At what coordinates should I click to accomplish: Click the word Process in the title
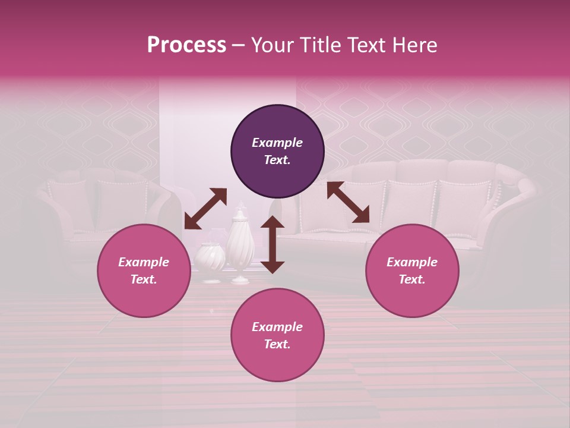186,45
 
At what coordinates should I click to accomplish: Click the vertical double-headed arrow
273,244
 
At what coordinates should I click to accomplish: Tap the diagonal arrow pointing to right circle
348,202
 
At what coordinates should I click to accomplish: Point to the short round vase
210,260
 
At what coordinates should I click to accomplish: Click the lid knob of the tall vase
240,207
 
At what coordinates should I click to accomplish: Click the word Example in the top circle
277,143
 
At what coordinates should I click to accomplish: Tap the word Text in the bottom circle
277,344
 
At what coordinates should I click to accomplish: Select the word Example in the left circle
144,262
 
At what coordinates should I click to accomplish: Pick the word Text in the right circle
411,279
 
